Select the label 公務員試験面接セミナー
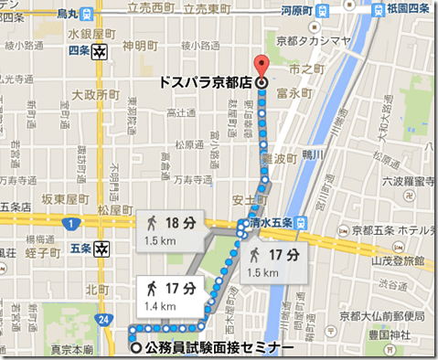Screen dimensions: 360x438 pos(219,347)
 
